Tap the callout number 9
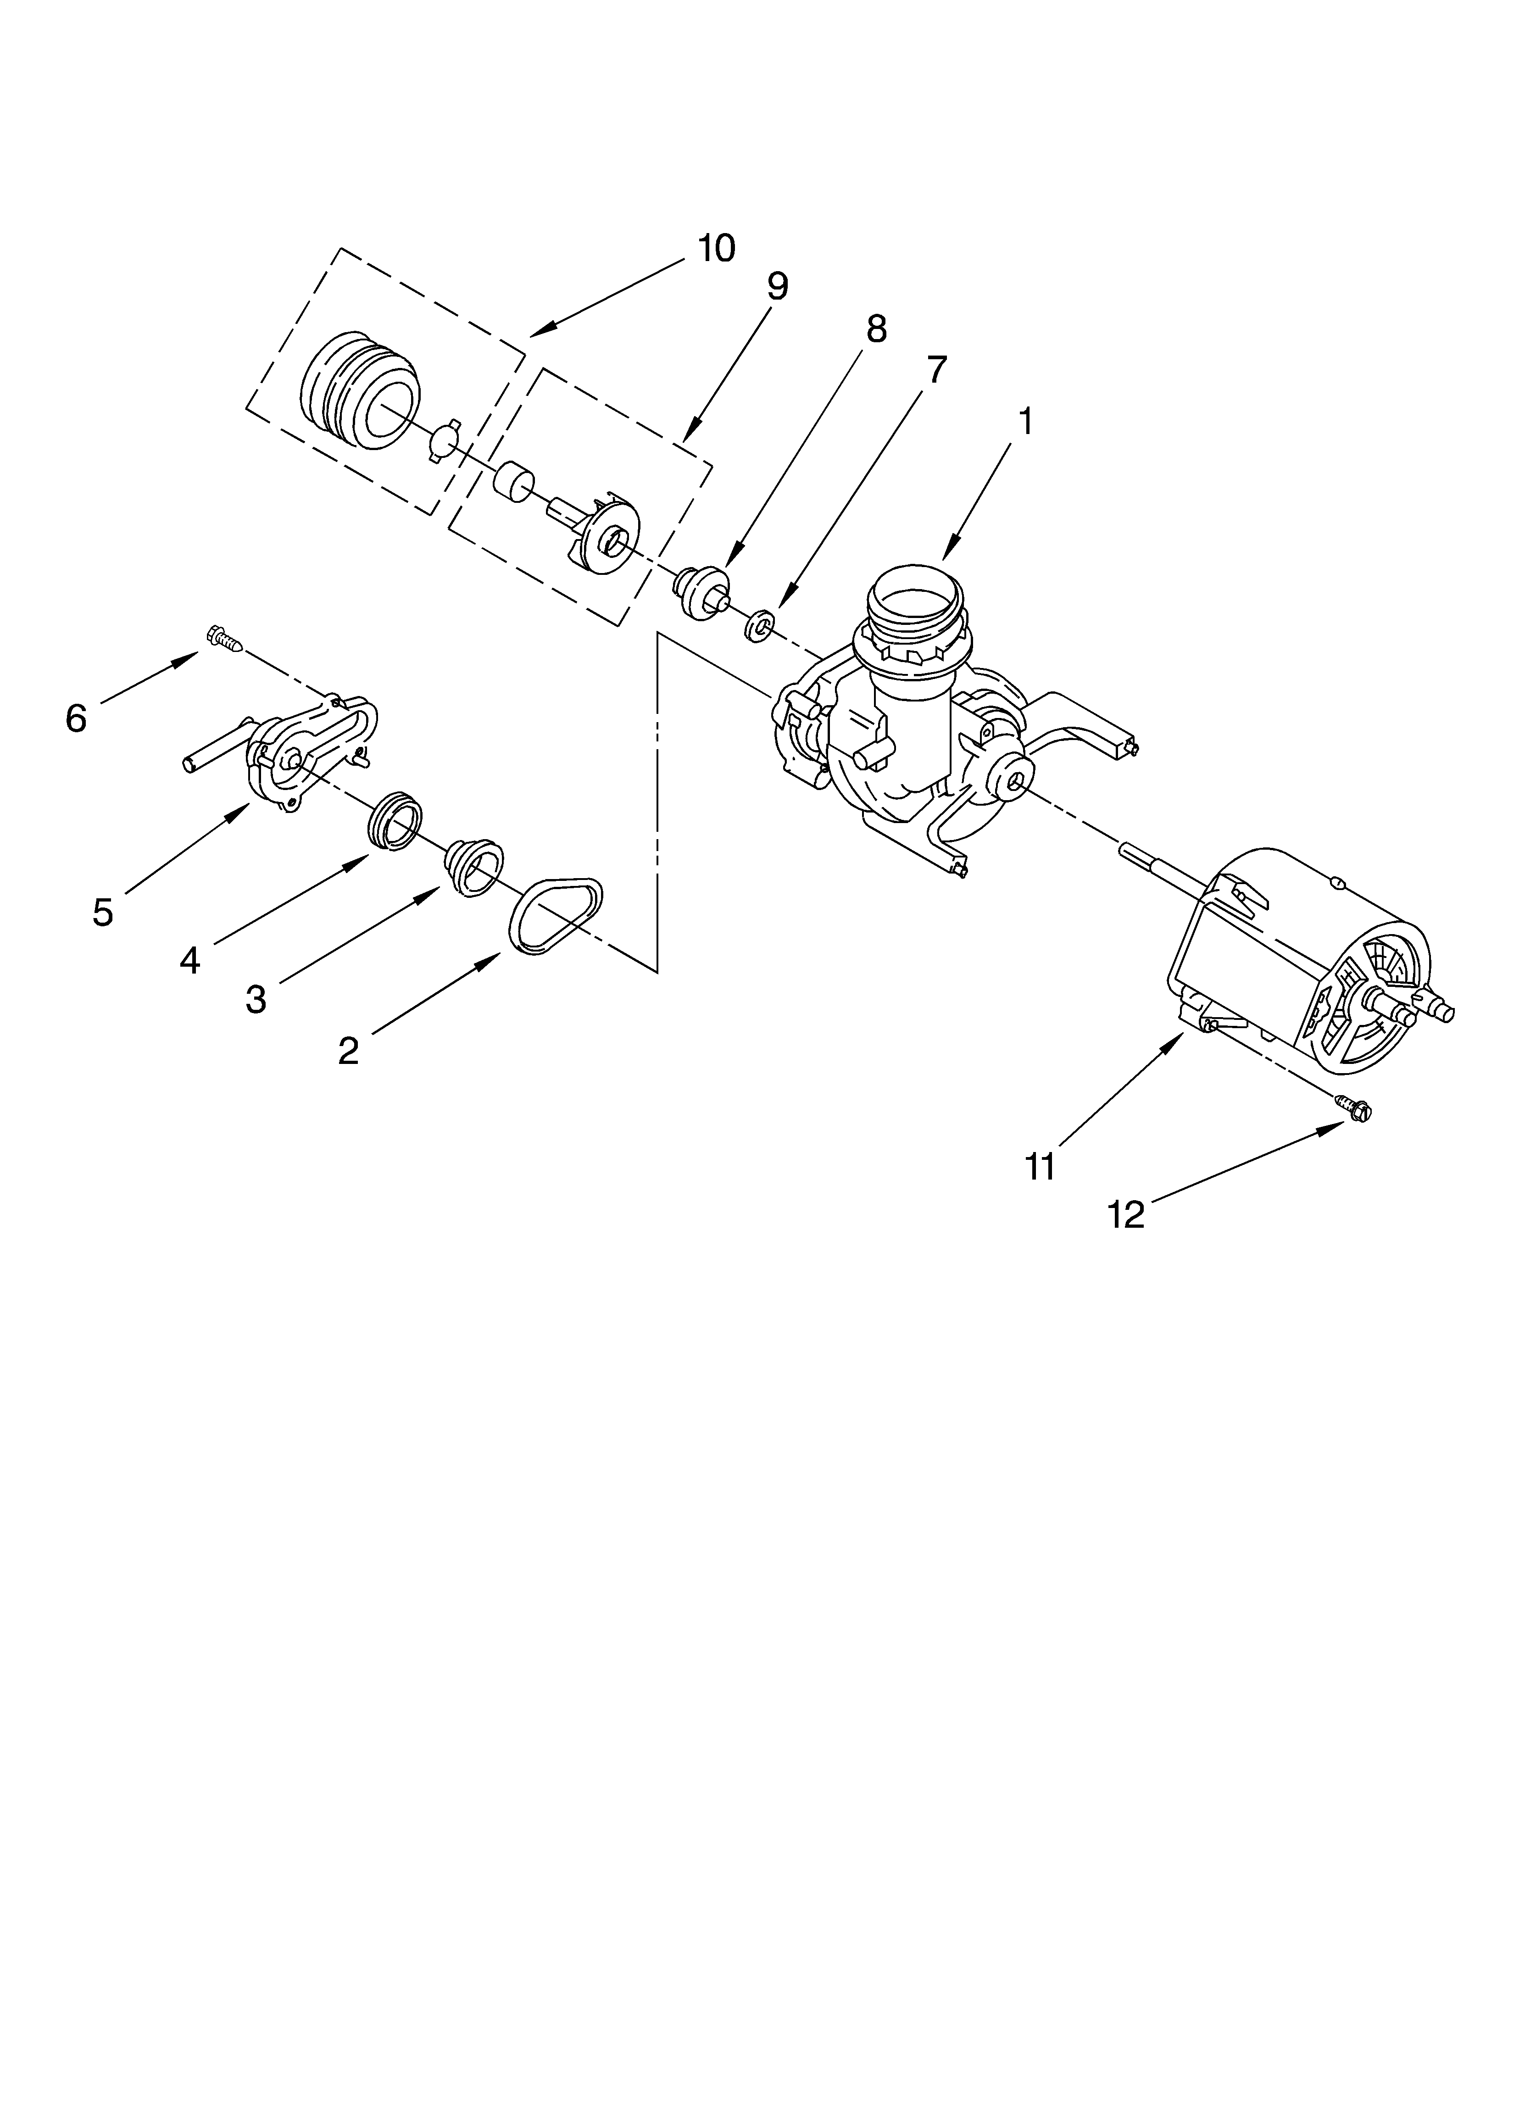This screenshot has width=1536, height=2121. coord(777,286)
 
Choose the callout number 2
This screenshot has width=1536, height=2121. coord(348,1051)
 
